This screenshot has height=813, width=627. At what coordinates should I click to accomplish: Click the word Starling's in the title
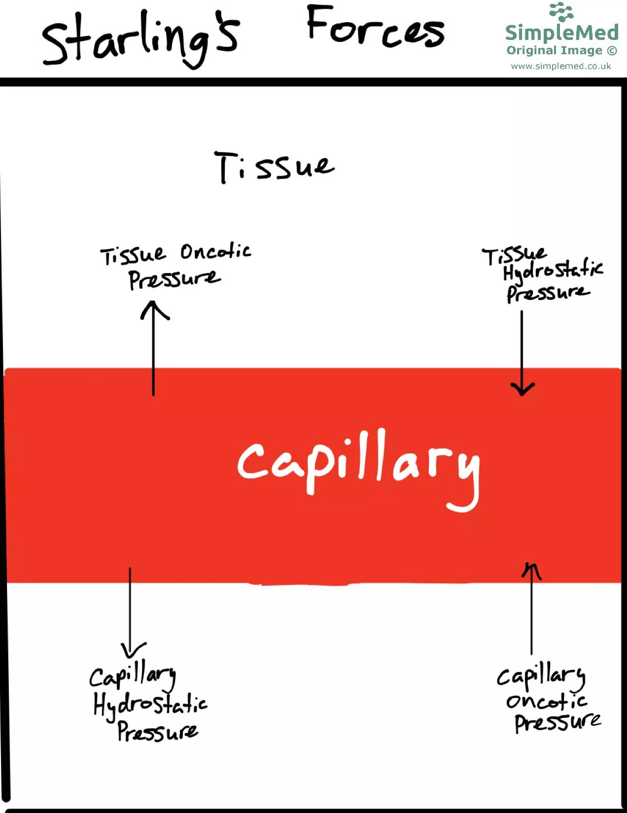click(x=140, y=39)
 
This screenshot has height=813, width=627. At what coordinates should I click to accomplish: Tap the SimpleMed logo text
click(x=561, y=33)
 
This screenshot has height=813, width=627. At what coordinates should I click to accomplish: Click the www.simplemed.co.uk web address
click(x=561, y=66)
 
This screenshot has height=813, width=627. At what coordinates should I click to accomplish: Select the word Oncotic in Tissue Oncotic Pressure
click(x=215, y=252)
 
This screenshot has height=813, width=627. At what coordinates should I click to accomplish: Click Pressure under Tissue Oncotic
click(x=174, y=279)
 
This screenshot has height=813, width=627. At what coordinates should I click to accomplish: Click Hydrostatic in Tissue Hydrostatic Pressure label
click(x=553, y=270)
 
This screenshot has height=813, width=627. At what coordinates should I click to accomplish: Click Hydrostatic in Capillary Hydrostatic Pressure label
click(x=150, y=704)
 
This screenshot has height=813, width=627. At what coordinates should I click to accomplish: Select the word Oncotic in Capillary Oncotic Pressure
click(x=546, y=701)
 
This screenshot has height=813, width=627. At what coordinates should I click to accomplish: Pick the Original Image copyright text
click(x=561, y=50)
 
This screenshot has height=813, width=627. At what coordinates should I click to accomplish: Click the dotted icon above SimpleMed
click(x=561, y=12)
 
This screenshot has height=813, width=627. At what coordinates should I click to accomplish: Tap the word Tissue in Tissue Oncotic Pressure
click(x=133, y=255)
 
